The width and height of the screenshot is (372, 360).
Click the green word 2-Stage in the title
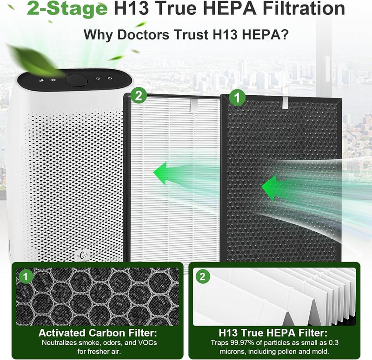(67, 8)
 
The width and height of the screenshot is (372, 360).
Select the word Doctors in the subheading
(143, 34)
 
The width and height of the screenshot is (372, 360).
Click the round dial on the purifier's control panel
(76, 80)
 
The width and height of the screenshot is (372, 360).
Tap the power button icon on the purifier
(110, 78)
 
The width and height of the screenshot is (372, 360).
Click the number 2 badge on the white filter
(139, 96)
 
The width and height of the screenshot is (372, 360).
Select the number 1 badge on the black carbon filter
(237, 98)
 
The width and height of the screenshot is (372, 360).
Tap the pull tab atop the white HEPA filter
(194, 105)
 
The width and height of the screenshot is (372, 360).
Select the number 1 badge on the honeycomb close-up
(26, 276)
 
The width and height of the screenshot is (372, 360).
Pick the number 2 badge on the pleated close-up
(202, 276)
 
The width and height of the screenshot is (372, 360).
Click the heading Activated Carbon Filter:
(98, 333)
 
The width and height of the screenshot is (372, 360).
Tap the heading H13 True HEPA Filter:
(272, 333)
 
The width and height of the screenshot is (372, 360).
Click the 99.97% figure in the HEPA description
(242, 343)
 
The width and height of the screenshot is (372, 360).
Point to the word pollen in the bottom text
(280, 351)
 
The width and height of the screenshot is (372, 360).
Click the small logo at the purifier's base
(82, 255)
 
